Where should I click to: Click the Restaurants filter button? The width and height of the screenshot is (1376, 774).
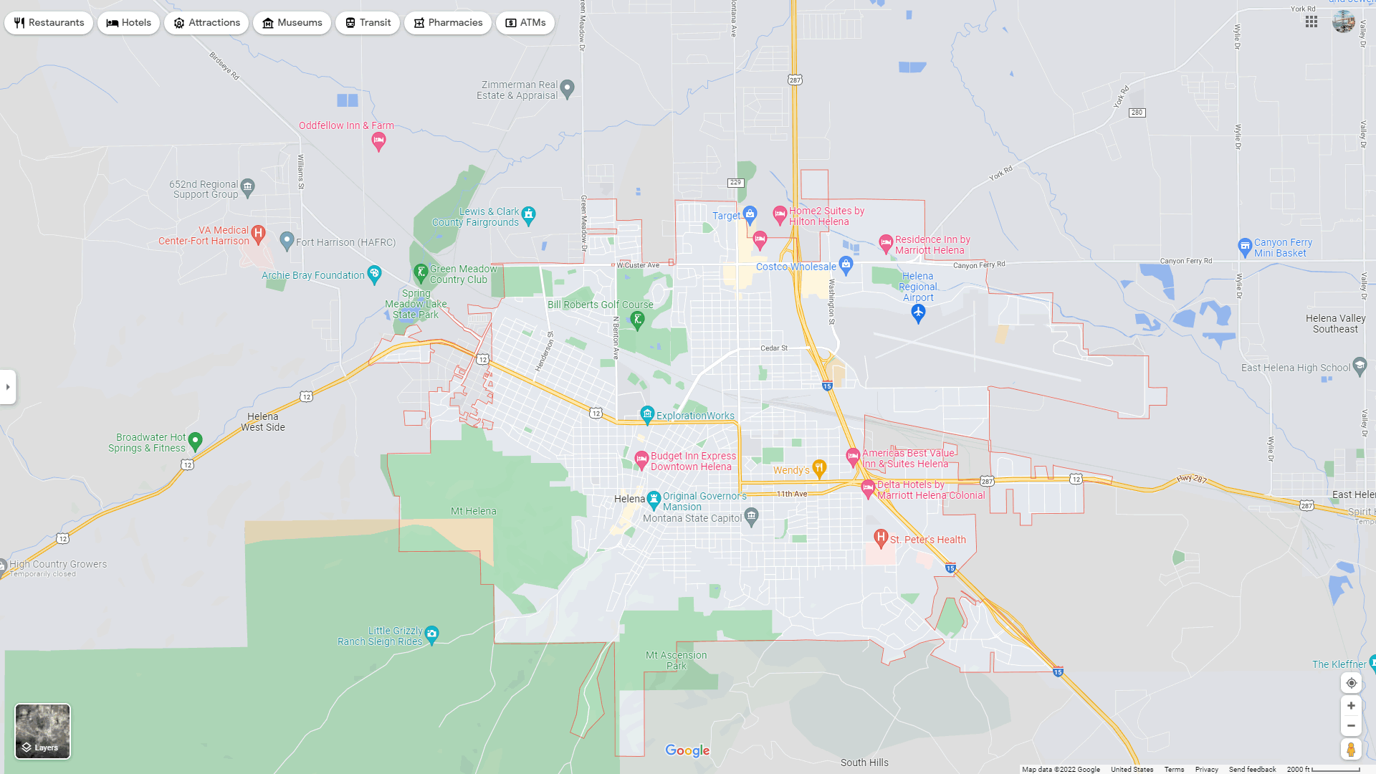pyautogui.click(x=49, y=23)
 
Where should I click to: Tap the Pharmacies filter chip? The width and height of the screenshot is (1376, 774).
pyautogui.click(x=447, y=23)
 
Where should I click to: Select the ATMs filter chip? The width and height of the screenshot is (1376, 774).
pyautogui.click(x=525, y=23)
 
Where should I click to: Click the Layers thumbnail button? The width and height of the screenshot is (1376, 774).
pyautogui.click(x=43, y=731)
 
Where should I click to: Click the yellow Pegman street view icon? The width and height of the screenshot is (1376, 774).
pyautogui.click(x=1351, y=750)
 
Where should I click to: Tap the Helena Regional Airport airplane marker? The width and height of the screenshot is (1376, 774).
pyautogui.click(x=918, y=312)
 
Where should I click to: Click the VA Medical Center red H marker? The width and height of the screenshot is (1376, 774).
pyautogui.click(x=259, y=233)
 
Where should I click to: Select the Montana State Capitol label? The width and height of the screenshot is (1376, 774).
pyautogui.click(x=692, y=518)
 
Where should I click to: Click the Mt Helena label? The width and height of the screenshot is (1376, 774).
pyautogui.click(x=473, y=511)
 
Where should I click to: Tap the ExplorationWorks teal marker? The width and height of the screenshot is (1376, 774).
pyautogui.click(x=647, y=414)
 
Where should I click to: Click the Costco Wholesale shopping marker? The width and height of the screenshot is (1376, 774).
pyautogui.click(x=846, y=265)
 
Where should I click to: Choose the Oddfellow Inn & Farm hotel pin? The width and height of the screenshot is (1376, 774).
pyautogui.click(x=378, y=141)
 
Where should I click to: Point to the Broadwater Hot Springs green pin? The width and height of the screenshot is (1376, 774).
pyautogui.click(x=195, y=441)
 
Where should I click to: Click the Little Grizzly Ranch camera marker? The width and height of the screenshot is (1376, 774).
pyautogui.click(x=431, y=634)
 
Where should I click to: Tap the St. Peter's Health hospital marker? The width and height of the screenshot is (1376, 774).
pyautogui.click(x=881, y=537)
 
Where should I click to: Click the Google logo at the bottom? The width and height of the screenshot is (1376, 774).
pyautogui.click(x=687, y=750)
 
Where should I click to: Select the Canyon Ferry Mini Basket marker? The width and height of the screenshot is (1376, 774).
pyautogui.click(x=1245, y=247)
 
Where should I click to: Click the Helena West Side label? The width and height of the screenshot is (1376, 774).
pyautogui.click(x=263, y=421)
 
